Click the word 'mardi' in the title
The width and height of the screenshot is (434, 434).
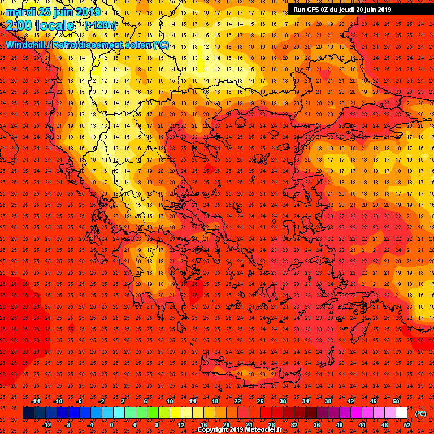pos(21,12)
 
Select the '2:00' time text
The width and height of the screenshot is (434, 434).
pos(18,25)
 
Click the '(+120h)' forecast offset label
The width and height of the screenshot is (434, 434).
pos(101,25)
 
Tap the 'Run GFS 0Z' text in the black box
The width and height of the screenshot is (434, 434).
pos(311,10)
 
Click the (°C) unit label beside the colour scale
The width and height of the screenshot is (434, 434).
pos(420,414)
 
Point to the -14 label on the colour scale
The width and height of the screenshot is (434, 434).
pos(35,401)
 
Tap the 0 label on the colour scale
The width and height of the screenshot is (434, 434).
pos(111,425)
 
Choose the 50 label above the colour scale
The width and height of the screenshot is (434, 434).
pos(396,401)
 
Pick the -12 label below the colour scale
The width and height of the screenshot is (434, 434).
pos(46,425)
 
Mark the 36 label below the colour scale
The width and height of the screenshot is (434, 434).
pos(317,425)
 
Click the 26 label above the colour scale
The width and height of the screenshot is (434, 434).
pos(260,401)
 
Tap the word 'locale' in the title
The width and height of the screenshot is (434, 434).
pos(55,25)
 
